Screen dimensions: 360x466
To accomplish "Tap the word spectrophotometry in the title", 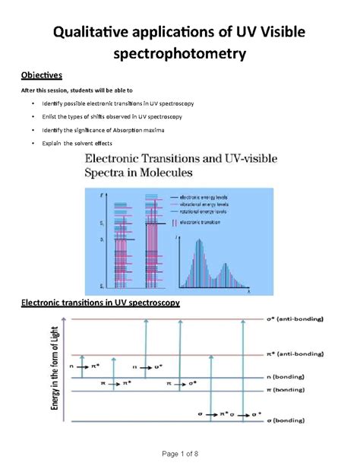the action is pyautogui.click(x=179, y=56).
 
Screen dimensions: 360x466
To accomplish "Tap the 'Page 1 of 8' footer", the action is pyautogui.click(x=180, y=454).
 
